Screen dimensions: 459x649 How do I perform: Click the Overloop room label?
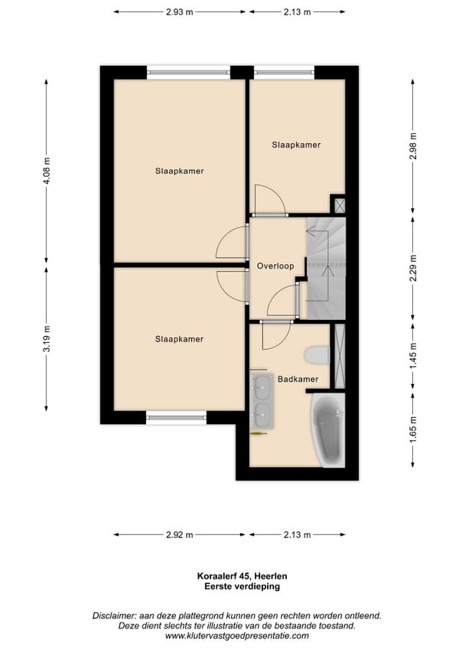pyautogui.click(x=275, y=266)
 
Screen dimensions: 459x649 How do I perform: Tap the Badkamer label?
pyautogui.click(x=298, y=379)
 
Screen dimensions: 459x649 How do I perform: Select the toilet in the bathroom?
pyautogui.click(x=317, y=355)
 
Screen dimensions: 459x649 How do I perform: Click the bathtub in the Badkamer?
pyautogui.click(x=329, y=429)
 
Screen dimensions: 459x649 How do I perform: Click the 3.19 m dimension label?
pyautogui.click(x=47, y=339)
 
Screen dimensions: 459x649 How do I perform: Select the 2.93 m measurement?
pyautogui.click(x=180, y=12)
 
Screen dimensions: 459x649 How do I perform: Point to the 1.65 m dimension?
pyautogui.click(x=412, y=430)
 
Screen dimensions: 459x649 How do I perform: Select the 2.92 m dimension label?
pyautogui.click(x=180, y=535)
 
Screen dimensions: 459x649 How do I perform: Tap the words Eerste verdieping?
pyautogui.click(x=243, y=586)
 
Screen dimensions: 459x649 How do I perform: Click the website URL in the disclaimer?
pyautogui.click(x=236, y=636)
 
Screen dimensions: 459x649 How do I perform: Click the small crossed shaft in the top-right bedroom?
pyautogui.click(x=340, y=205)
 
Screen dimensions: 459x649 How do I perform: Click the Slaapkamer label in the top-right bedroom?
pyautogui.click(x=296, y=145)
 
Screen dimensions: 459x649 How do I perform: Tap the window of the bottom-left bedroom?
pyautogui.click(x=176, y=418)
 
